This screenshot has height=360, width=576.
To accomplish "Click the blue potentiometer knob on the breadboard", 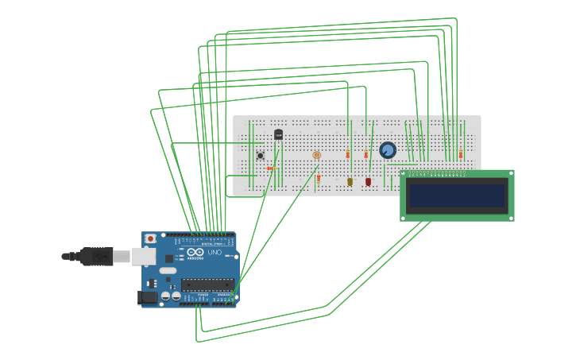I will (388, 149).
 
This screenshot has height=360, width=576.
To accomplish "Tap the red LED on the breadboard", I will (368, 182).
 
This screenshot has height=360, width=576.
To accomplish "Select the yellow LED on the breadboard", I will (350, 182).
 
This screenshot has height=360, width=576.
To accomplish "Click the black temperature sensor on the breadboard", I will (278, 134).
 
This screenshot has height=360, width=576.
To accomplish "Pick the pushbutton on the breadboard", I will (260, 156).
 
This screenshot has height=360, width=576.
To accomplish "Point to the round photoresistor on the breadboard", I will (316, 156).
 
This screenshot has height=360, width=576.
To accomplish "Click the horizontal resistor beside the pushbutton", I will (270, 168).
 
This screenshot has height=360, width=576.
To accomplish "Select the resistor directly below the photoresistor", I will (319, 179).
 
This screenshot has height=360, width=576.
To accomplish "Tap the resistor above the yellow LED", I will (347, 154).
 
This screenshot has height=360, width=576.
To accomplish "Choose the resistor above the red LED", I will (366, 154).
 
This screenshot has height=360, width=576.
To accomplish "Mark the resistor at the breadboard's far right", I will (460, 154).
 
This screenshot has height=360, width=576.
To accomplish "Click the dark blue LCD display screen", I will (457, 195).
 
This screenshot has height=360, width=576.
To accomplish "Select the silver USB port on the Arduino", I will (142, 256).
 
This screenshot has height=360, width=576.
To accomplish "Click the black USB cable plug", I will (96, 256).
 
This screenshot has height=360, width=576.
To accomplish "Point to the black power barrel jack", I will (147, 297).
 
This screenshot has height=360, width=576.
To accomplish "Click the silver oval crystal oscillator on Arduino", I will (168, 271).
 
